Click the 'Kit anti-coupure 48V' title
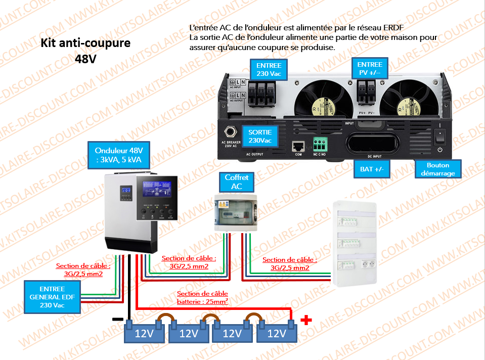(85, 50)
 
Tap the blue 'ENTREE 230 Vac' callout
(269, 69)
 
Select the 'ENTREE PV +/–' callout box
(370, 68)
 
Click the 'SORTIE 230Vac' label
(260, 136)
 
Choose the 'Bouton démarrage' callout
(437, 169)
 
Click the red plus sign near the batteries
(305, 320)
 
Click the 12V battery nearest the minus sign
(144, 333)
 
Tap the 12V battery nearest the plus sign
(276, 333)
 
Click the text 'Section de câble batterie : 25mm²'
(202, 297)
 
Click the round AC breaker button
(232, 132)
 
